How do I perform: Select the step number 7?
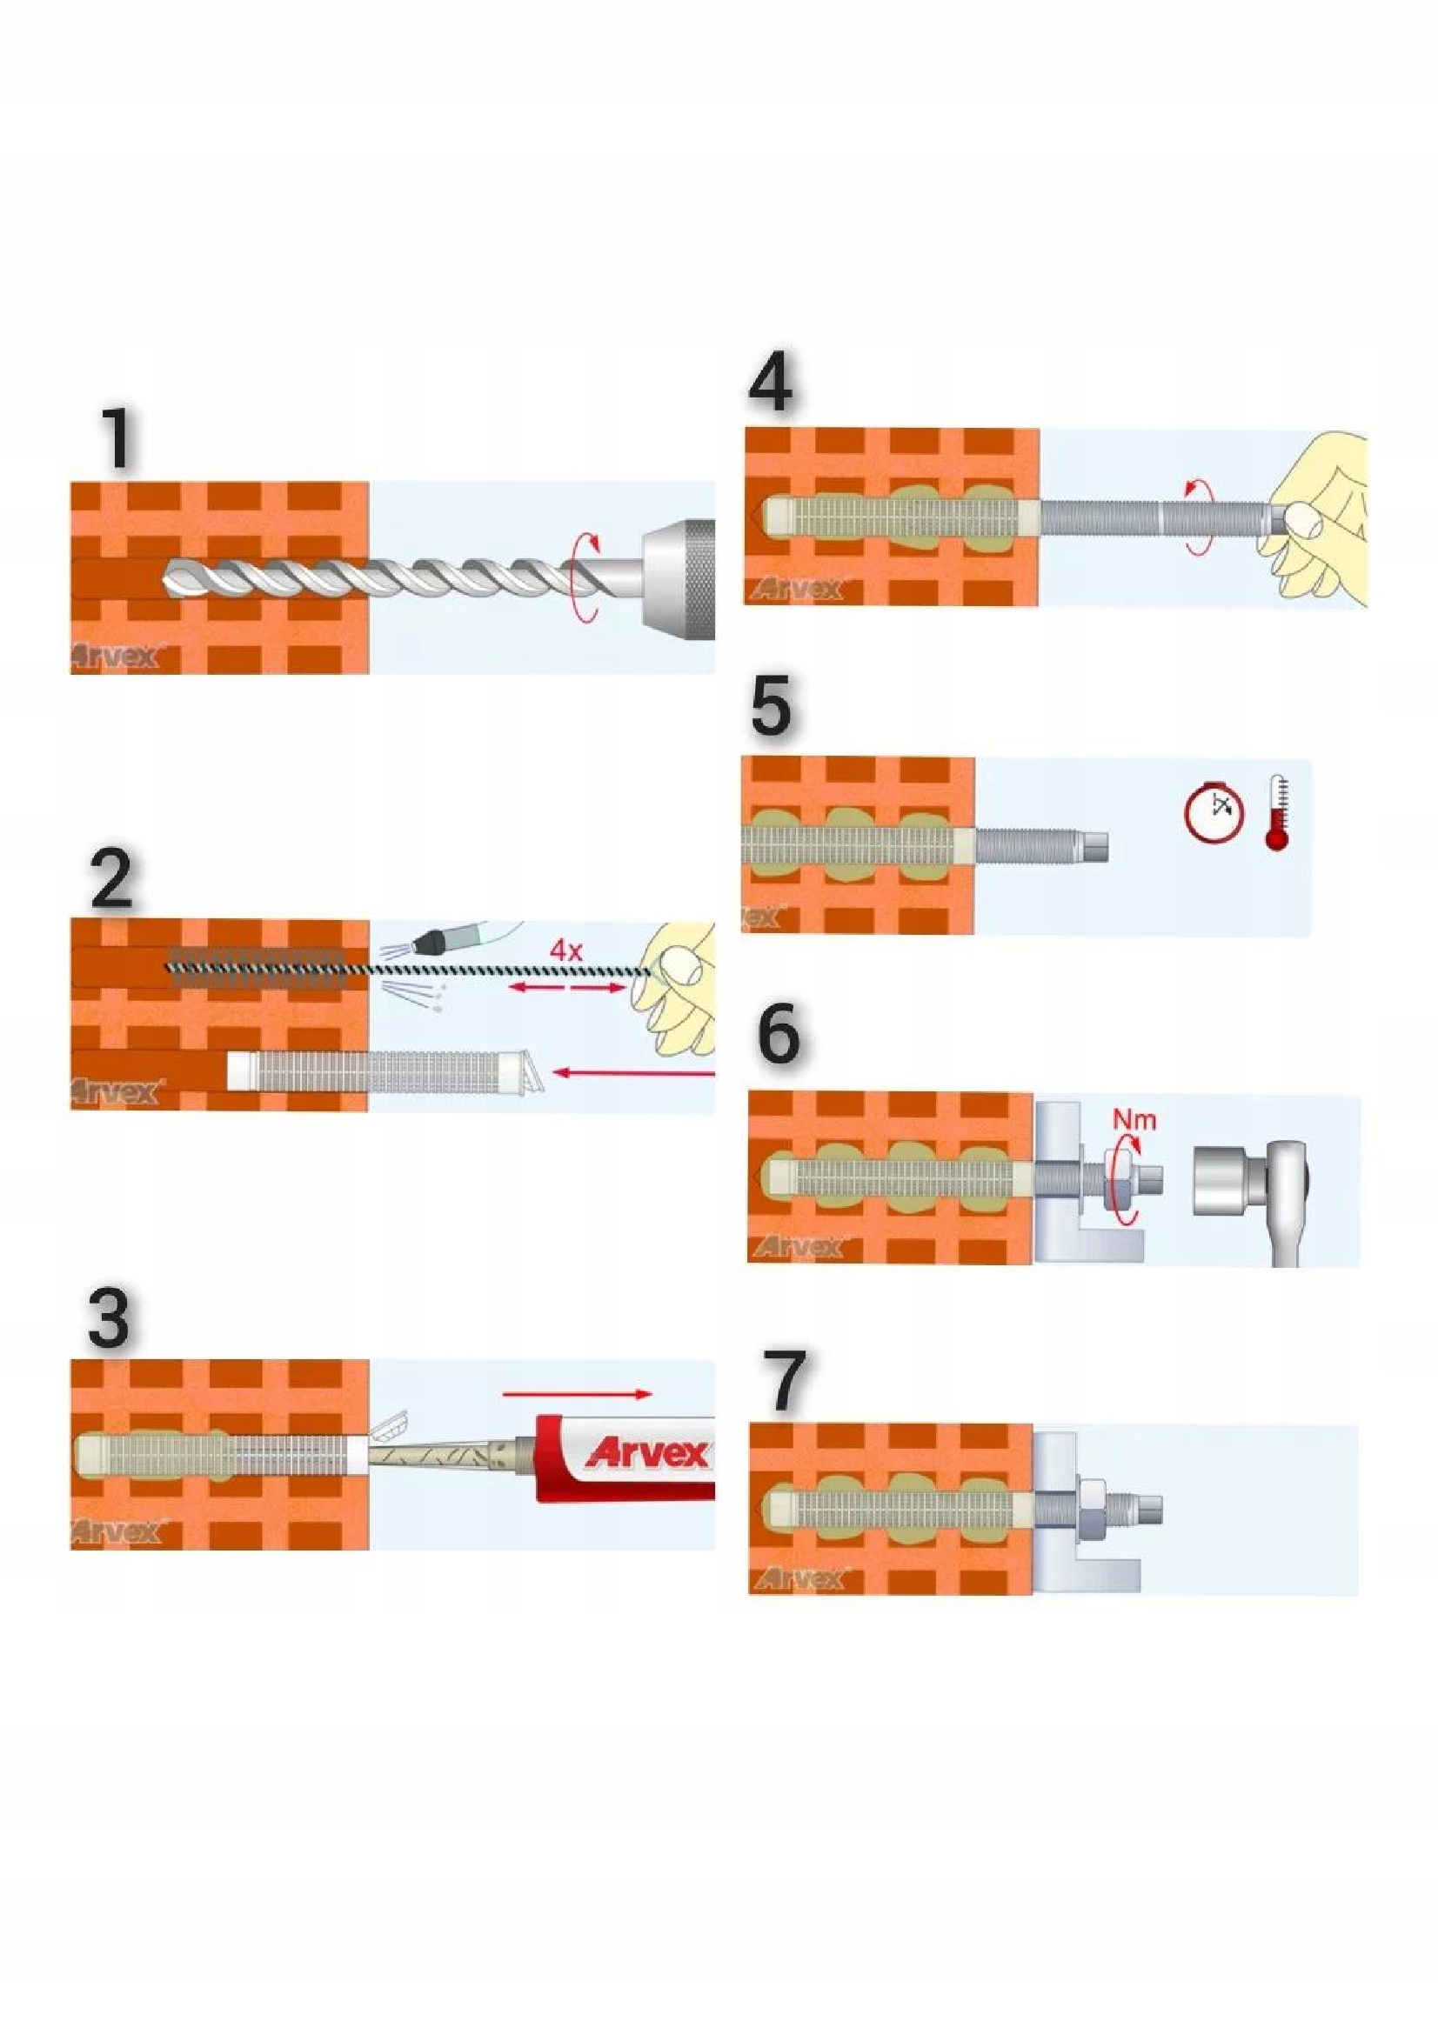pos(784,1381)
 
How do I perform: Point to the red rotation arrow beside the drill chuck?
pos(583,576)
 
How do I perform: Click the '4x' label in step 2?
pos(565,951)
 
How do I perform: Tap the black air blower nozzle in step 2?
pos(432,940)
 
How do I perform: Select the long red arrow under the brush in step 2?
pos(633,1074)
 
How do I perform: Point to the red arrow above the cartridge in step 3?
pos(577,1392)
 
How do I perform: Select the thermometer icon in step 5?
pos(1277,813)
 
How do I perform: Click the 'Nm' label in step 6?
pos(1134,1120)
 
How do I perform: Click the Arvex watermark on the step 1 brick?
pos(115,657)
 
